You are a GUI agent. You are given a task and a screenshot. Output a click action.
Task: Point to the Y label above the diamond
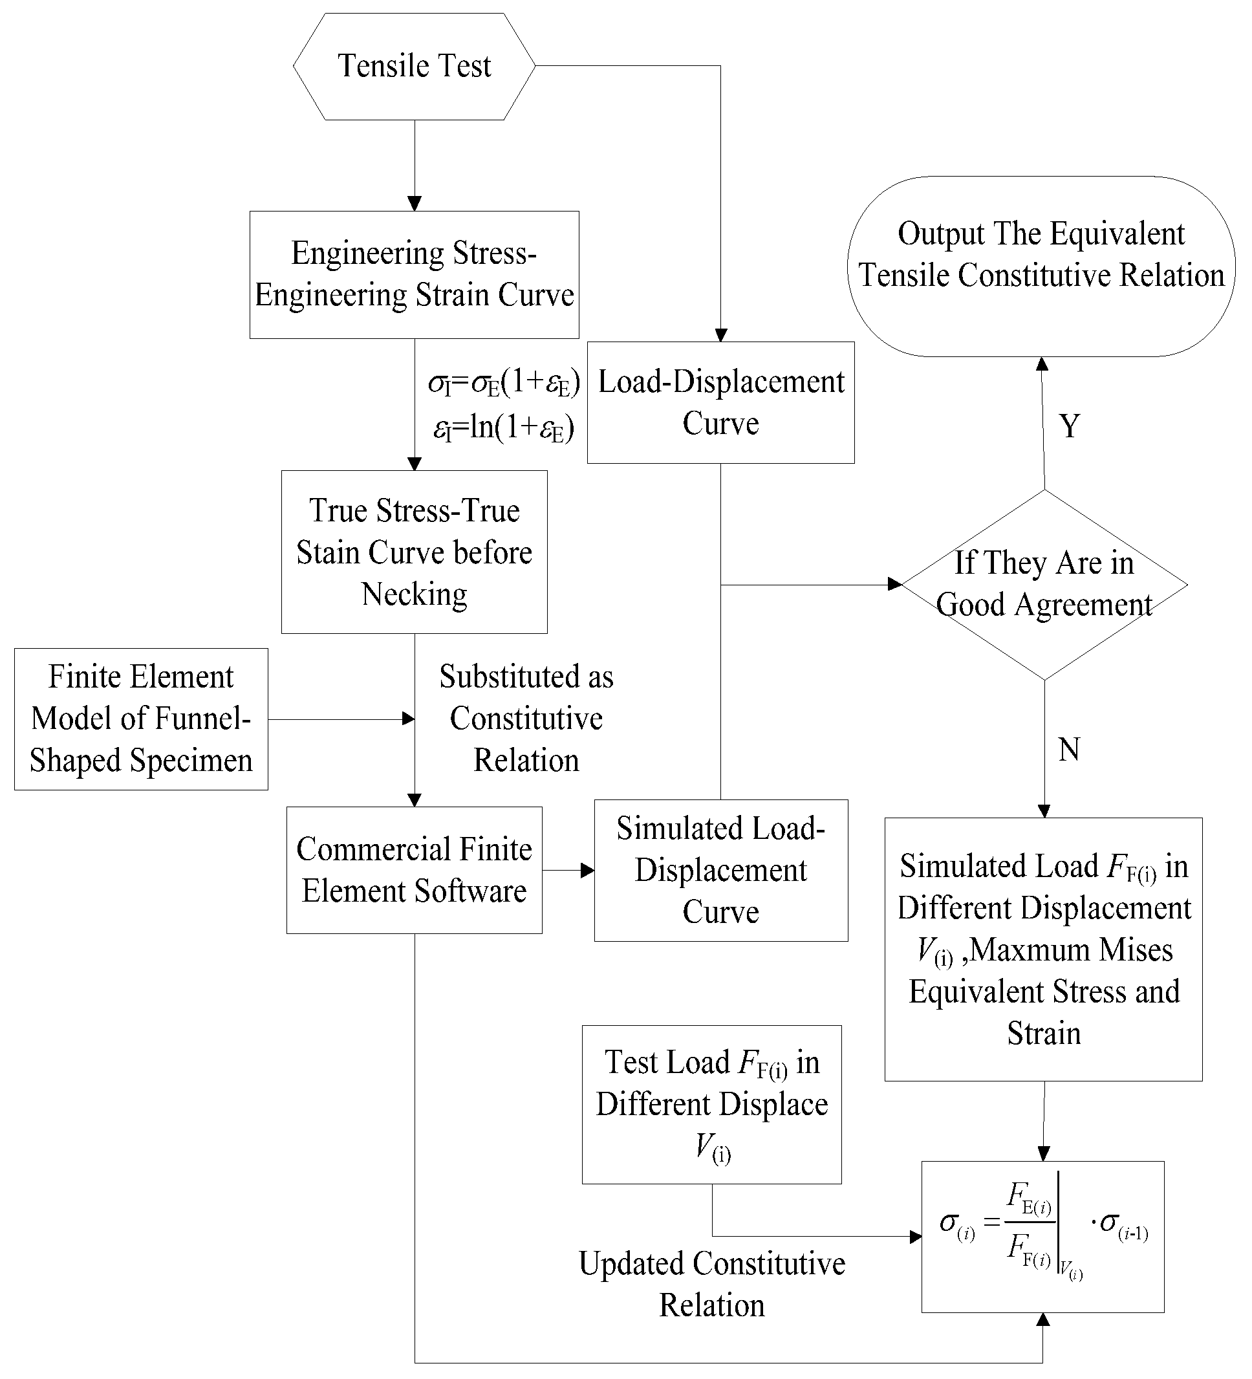(1070, 426)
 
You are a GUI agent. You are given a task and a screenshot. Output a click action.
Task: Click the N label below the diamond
(1069, 749)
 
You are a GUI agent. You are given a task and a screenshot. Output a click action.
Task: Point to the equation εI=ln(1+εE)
(503, 428)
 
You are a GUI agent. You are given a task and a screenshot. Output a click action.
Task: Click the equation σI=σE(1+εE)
(504, 383)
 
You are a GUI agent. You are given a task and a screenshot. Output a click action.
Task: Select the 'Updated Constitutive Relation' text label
(711, 1284)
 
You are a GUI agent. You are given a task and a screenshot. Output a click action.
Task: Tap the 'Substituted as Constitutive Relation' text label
(526, 718)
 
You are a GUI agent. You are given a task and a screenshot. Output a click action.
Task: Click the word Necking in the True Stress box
(414, 594)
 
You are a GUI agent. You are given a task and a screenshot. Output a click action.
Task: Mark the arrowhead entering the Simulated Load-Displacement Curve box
(587, 870)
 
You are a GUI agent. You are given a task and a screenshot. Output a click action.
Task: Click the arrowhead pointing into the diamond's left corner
(894, 584)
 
